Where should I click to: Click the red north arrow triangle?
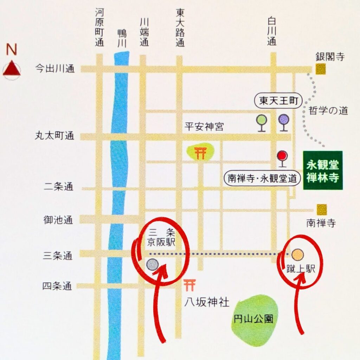click(12, 68)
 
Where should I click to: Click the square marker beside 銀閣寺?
click(320, 69)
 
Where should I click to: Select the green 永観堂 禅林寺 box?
click(323, 171)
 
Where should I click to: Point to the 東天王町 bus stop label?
click(278, 102)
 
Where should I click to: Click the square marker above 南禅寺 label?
click(321, 210)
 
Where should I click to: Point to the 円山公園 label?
click(253, 320)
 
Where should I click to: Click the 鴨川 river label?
click(122, 38)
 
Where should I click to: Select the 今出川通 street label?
click(55, 69)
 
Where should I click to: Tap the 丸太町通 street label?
click(55, 136)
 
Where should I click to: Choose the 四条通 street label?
click(57, 287)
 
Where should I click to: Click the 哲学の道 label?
click(328, 111)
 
